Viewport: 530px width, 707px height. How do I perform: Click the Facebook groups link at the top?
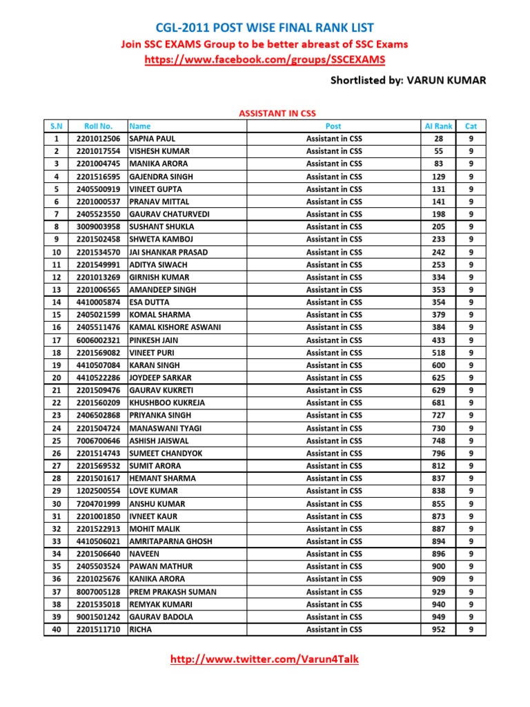tap(264, 60)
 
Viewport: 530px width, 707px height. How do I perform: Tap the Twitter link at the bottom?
tap(264, 659)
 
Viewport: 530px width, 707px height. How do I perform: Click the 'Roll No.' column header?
tap(97, 126)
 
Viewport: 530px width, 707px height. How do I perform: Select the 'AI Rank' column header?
tap(439, 126)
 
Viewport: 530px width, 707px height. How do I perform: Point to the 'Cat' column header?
tap(471, 126)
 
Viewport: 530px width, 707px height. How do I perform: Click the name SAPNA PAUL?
tap(153, 139)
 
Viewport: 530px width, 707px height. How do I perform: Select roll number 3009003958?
tap(97, 226)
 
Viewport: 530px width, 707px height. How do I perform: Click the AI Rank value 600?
tap(439, 365)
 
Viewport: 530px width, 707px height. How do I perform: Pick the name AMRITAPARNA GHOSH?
tap(171, 541)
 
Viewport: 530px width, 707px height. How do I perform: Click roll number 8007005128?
tap(97, 592)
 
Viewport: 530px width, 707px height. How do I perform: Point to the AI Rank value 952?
tap(439, 630)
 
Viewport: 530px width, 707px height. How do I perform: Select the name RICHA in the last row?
tap(141, 630)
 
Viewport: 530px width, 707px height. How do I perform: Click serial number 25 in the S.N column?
tap(56, 440)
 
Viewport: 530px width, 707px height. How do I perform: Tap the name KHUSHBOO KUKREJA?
tap(168, 403)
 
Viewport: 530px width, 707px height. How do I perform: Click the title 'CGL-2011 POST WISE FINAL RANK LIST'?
tap(264, 28)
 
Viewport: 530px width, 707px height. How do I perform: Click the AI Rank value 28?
tap(439, 139)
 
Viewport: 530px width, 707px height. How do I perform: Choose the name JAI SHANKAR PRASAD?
tap(168, 252)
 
